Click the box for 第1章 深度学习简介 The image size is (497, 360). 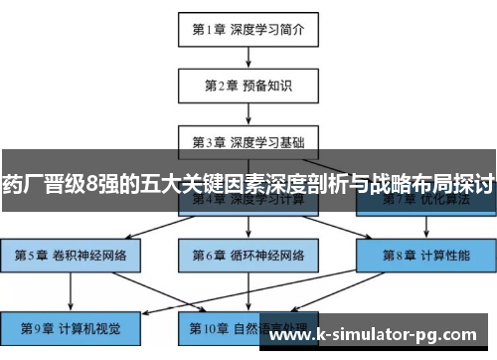click(248, 30)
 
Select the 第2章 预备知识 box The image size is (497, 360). click(248, 85)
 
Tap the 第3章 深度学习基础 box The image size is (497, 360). click(248, 141)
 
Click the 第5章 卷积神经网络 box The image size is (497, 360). click(70, 256)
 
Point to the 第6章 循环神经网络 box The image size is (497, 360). click(248, 256)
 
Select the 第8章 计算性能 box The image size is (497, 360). click(424, 256)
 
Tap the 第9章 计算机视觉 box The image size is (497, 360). click(70, 327)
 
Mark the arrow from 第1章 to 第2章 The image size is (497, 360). click(248, 58)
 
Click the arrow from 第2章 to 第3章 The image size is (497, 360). click(248, 113)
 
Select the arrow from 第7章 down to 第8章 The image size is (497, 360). click(424, 228)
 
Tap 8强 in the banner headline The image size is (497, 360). click(102, 184)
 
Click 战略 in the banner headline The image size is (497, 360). click(395, 184)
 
